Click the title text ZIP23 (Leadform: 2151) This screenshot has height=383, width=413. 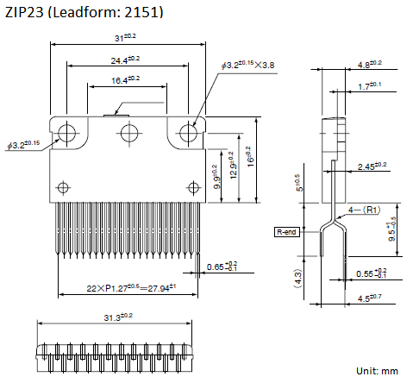click(84, 12)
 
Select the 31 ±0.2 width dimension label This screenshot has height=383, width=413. click(125, 37)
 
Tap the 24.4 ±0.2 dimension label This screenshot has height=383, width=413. click(125, 60)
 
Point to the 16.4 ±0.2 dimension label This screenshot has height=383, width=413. click(125, 79)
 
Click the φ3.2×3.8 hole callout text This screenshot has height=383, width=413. click(247, 65)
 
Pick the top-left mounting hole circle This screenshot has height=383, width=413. click(66, 133)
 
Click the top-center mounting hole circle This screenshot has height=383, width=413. click(129, 133)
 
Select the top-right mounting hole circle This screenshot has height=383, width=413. click(188, 133)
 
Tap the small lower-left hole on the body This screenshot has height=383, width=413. click(63, 187)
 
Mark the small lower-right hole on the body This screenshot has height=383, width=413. click(193, 187)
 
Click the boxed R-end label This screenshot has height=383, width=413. click(287, 232)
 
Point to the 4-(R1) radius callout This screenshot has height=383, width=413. click(364, 210)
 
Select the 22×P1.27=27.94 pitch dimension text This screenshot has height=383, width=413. click(131, 288)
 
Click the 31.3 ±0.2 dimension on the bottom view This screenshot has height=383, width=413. click(118, 317)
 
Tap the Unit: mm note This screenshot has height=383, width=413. click(377, 371)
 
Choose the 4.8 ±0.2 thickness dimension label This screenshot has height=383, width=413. click(370, 65)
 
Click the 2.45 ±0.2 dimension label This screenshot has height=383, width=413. click(372, 166)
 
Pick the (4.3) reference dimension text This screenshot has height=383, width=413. click(297, 279)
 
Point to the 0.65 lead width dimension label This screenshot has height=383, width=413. click(222, 267)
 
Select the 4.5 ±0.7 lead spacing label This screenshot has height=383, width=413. click(369, 298)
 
